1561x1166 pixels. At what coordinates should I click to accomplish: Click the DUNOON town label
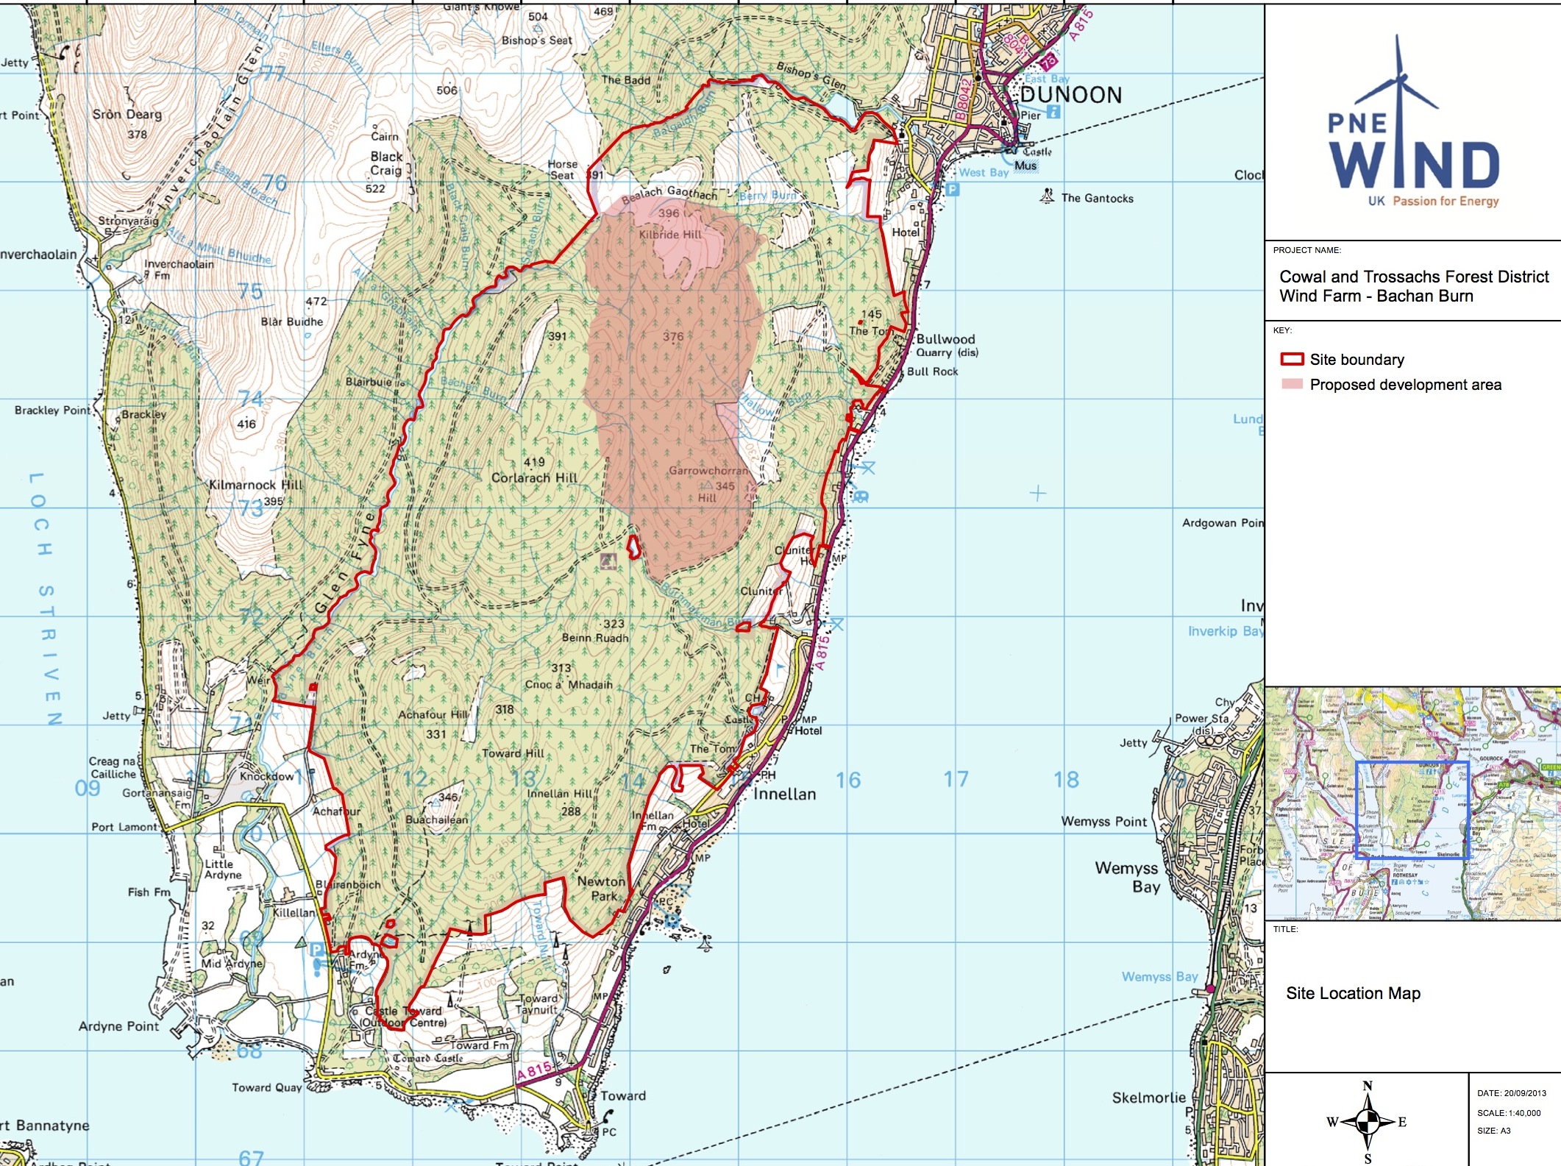pos(1070,96)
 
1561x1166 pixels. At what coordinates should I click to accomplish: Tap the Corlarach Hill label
pos(534,477)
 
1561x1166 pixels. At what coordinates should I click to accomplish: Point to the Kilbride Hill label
pos(669,235)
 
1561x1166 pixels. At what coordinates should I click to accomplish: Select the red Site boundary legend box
pos(1292,360)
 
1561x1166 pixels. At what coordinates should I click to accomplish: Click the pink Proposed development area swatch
pos(1292,385)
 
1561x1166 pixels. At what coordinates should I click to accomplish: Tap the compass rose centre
pos(1368,1123)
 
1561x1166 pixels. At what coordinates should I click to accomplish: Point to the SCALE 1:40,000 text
pos(1509,1113)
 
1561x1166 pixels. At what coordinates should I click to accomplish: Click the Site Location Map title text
pos(1353,994)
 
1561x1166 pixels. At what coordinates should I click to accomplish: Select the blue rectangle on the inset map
pos(1412,810)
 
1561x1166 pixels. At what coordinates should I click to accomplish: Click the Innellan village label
pos(784,794)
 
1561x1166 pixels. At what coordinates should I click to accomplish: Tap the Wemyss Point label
pos(1103,822)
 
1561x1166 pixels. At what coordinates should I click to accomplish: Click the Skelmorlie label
pos(1148,1098)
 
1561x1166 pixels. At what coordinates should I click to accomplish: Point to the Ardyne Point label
pos(118,1026)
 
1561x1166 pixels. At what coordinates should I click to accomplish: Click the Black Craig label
pos(386,163)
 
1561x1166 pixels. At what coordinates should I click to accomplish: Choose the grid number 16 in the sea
pos(847,781)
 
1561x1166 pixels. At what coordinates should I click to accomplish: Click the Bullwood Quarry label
pos(946,346)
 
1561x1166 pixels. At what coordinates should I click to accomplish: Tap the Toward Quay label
pos(266,1088)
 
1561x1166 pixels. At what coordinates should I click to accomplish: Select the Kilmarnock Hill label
pos(255,485)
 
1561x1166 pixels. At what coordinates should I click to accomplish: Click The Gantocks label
pos(1097,199)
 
